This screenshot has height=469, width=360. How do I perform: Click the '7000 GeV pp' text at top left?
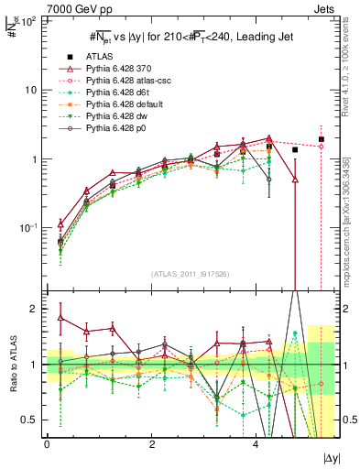click(x=34, y=8)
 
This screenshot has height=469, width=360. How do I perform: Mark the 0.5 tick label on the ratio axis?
click(x=27, y=420)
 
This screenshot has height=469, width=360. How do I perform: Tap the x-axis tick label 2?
click(x=152, y=443)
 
